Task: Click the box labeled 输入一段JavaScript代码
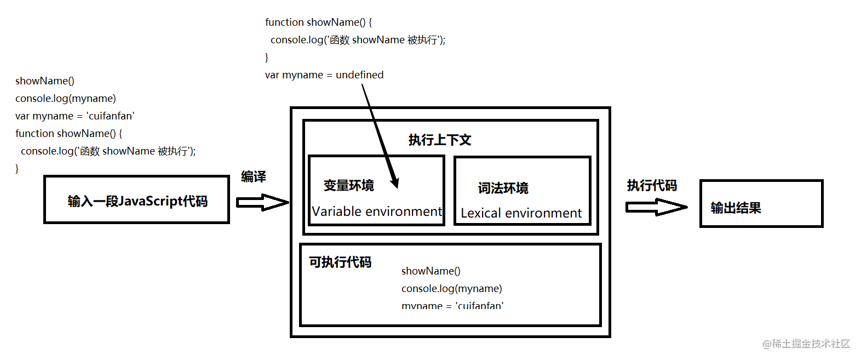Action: click(136, 200)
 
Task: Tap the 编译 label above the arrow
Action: click(253, 177)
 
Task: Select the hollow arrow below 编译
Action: click(262, 202)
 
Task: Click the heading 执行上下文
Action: click(440, 140)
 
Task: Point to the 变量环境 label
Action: click(349, 186)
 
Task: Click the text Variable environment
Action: click(376, 212)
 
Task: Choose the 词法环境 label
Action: click(503, 188)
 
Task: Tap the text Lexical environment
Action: click(521, 213)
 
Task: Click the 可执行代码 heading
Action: click(340, 262)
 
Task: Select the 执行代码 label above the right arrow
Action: click(652, 186)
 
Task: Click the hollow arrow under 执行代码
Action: click(656, 207)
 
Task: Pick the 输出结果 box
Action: click(761, 203)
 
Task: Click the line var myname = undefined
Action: click(324, 75)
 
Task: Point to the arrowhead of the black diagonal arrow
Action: click(394, 182)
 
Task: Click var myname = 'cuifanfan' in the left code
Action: click(74, 116)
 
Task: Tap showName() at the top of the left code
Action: click(45, 81)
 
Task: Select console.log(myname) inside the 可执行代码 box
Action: click(451, 289)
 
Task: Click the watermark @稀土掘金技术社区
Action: click(806, 344)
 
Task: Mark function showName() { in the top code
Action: click(318, 22)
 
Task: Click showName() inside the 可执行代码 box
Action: click(431, 271)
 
